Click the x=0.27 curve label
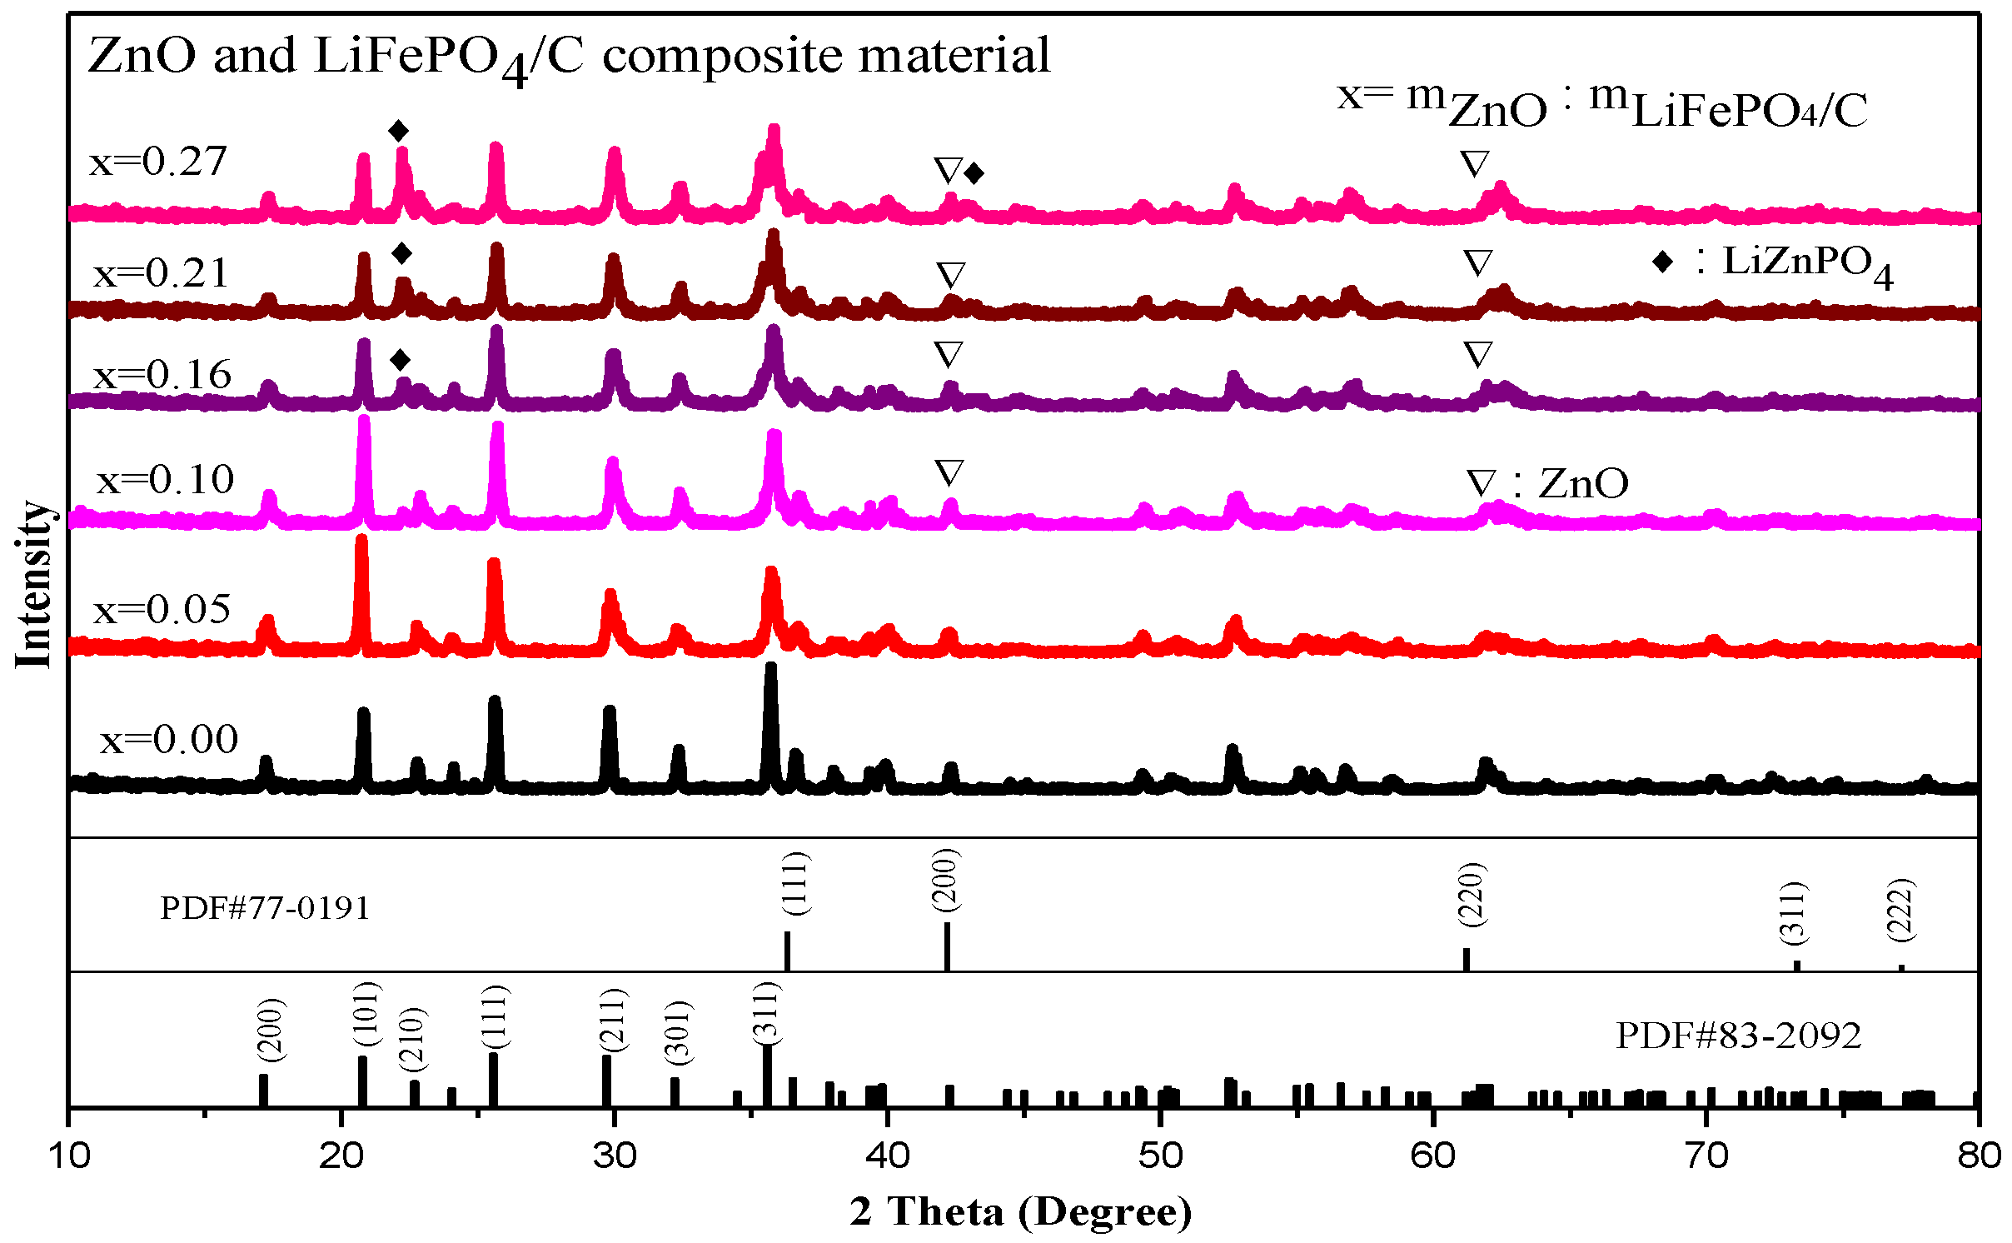[158, 161]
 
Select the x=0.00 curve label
[169, 739]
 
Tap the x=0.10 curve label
[166, 479]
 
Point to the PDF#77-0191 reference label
[265, 907]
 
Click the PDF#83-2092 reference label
[1738, 1036]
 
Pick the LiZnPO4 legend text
[1807, 264]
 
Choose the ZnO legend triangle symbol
[1481, 484]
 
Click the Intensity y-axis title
[34, 584]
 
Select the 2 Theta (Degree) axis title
[1021, 1211]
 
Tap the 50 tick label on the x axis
[1160, 1156]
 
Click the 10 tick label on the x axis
[69, 1156]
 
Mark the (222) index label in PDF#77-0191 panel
[1901, 910]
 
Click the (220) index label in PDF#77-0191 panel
[1472, 894]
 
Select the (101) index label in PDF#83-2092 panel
[366, 1015]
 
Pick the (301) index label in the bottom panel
[678, 1033]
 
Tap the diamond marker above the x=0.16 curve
[401, 360]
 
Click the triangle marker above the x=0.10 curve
[949, 472]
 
